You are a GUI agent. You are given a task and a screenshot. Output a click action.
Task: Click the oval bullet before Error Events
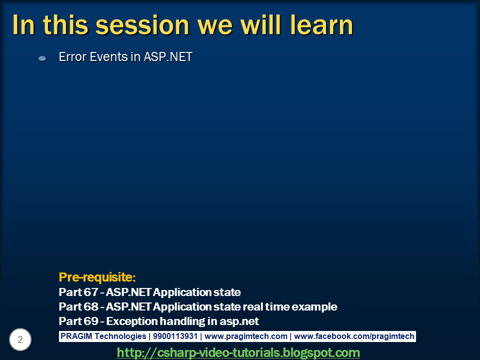tap(42, 58)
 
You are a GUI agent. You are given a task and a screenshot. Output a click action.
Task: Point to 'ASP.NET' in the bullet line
tap(168, 57)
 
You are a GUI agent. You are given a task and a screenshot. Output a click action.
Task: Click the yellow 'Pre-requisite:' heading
tap(97, 277)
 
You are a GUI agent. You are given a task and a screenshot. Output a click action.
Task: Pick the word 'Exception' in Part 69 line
tap(129, 321)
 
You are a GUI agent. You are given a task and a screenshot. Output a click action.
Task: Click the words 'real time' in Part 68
tap(265, 306)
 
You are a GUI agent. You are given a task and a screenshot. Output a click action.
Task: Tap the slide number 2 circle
tap(20, 340)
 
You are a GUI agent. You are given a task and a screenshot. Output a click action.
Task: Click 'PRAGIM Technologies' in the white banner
tap(103, 336)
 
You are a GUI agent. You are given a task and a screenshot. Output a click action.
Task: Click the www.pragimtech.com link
tap(246, 336)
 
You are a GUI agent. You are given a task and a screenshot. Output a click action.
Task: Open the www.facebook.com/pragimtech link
tap(354, 336)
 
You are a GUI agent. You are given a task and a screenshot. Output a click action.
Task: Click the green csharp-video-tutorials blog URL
tap(238, 353)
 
